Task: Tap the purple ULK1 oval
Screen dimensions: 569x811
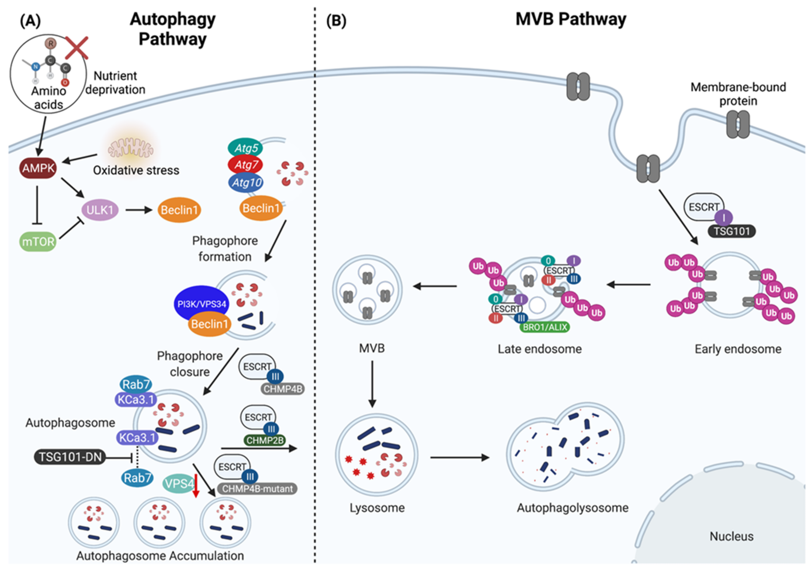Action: click(x=100, y=210)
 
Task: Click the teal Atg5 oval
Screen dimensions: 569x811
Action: click(x=245, y=148)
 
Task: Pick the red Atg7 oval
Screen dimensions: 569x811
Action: click(x=245, y=165)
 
